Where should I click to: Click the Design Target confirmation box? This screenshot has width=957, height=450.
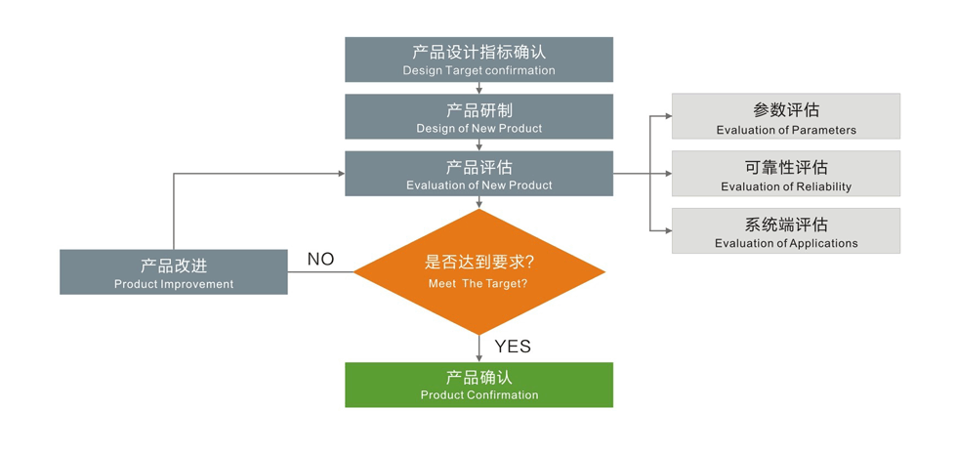478,60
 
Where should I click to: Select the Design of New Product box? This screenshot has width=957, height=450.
478,116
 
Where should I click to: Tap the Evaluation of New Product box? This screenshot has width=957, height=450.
478,173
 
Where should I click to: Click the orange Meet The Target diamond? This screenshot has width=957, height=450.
478,271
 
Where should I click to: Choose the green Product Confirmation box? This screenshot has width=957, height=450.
478,385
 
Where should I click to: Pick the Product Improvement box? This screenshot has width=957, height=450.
174,272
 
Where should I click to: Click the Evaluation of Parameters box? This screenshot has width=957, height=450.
785,116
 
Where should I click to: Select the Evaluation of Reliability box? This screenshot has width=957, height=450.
785,173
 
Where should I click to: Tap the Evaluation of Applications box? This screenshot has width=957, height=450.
785,230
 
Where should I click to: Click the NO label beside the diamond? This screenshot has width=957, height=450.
320,259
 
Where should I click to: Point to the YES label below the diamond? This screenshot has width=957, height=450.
513,346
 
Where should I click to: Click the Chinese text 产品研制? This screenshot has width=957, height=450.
478,110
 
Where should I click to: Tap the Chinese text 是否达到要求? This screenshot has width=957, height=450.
478,263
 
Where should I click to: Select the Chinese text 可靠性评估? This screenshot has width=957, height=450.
785,167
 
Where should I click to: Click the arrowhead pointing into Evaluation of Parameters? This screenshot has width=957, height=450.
667,116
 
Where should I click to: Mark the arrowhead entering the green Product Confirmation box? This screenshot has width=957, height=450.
478,358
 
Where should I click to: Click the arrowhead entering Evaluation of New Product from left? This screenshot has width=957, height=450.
341,174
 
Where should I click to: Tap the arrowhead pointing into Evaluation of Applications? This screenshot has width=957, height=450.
667,230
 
